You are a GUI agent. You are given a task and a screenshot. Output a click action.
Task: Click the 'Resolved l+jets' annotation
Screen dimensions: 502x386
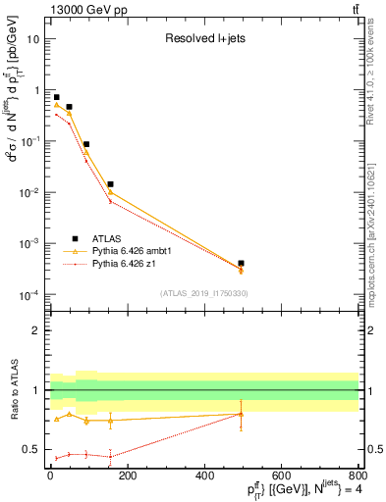click(203, 39)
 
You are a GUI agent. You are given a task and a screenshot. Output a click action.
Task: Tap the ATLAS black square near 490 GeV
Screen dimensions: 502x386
click(241, 263)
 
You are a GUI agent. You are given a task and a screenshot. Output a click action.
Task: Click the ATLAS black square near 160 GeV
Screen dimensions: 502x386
click(111, 184)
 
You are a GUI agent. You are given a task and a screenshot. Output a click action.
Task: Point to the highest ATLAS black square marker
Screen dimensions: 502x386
click(56, 97)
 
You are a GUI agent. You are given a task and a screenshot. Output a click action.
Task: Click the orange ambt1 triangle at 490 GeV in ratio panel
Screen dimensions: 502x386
click(241, 414)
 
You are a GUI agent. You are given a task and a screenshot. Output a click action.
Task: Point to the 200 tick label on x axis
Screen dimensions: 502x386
click(127, 475)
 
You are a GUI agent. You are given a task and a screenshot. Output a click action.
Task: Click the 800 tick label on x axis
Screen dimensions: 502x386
click(358, 475)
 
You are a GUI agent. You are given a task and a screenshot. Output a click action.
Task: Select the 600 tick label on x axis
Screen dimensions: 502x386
click(281, 475)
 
